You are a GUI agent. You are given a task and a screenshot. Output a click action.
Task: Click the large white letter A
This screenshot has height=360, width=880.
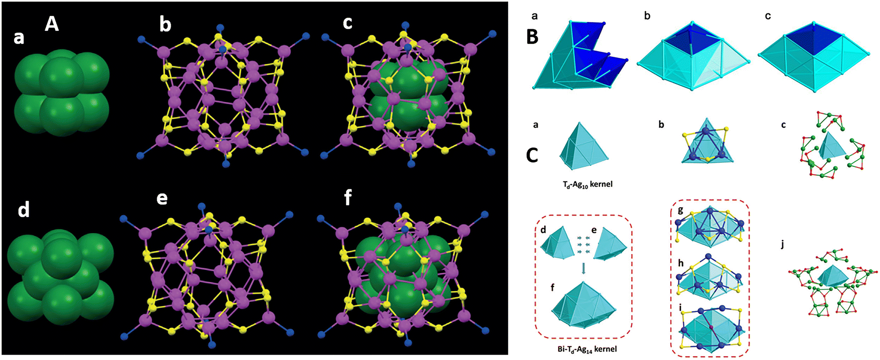pos(51,23)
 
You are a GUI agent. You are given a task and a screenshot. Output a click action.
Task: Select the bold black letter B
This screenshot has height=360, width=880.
pos(532,37)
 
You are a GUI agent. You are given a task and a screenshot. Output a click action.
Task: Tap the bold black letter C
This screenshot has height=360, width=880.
pos(532,155)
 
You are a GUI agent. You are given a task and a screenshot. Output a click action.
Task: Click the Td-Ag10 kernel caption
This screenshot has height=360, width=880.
pos(587,184)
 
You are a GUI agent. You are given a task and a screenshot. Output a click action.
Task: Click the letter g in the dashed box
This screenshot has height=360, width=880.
pos(680,210)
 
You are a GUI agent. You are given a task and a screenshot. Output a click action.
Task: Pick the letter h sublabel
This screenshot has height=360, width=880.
pos(681,263)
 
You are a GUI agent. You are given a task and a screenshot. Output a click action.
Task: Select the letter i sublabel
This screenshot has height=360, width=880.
pos(680,307)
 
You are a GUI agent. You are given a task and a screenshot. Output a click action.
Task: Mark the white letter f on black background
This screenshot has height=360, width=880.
pos(348,198)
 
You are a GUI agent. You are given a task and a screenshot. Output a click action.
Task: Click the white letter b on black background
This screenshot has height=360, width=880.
pos(165,24)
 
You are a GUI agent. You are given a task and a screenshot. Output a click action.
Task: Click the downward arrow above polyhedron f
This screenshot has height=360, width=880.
pos(583,268)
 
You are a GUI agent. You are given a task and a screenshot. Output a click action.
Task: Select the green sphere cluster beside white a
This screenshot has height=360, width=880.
pos(62,92)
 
